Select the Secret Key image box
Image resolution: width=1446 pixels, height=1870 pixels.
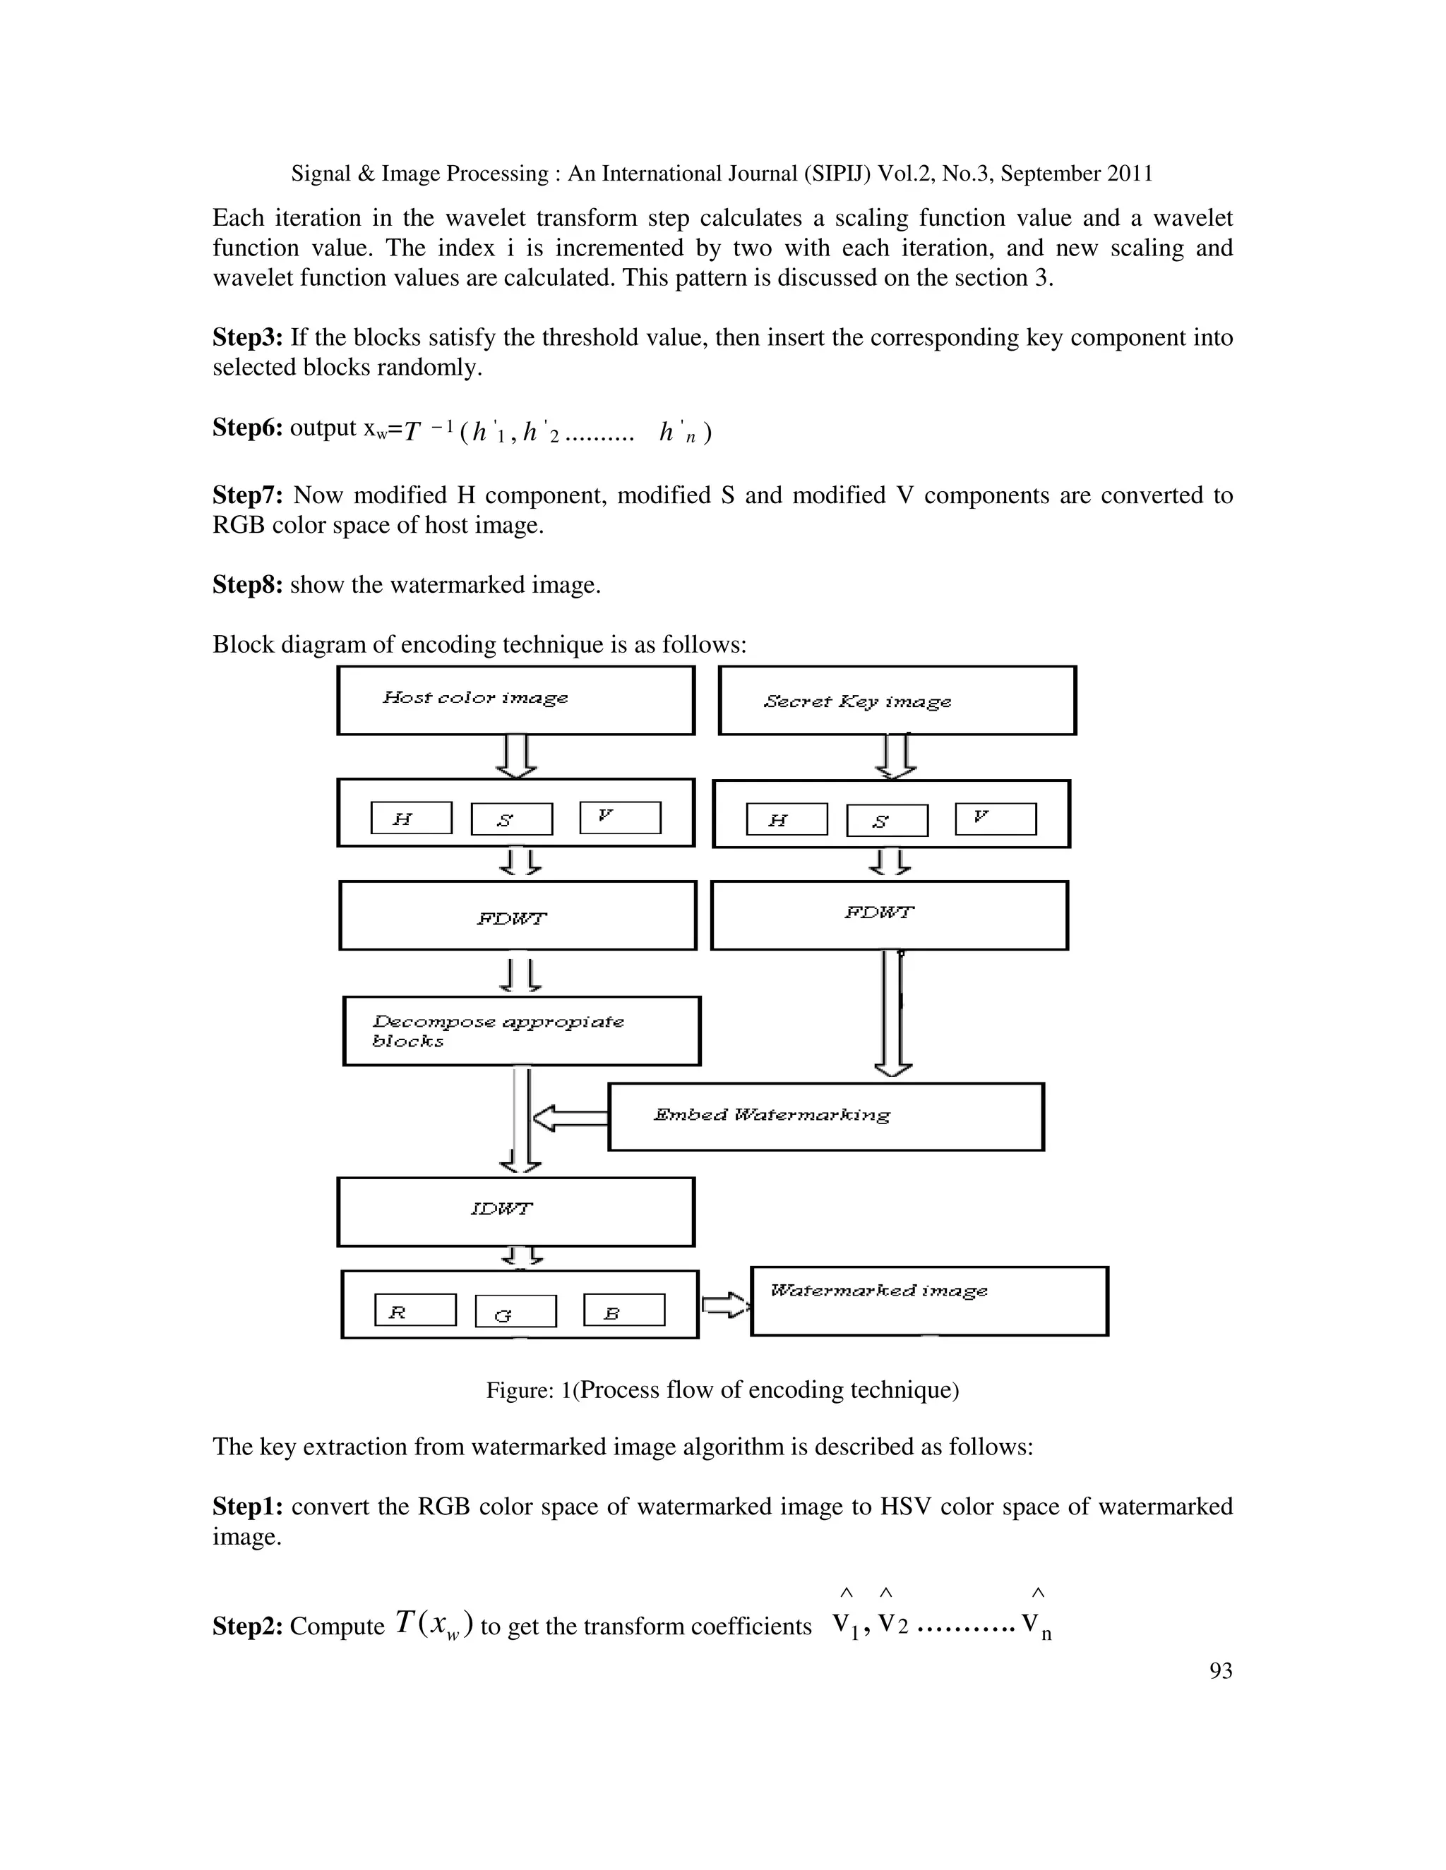tap(897, 701)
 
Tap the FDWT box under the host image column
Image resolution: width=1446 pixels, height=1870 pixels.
tap(518, 915)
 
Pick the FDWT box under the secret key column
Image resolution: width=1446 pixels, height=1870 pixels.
tap(889, 915)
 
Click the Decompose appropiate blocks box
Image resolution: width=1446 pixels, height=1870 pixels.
tap(522, 1031)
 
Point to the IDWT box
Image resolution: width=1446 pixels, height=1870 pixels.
tap(515, 1212)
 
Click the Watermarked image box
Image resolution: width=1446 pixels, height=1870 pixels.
tap(929, 1301)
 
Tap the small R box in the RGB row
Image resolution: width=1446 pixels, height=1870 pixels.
tap(415, 1309)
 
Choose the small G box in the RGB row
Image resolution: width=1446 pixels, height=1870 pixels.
tap(515, 1311)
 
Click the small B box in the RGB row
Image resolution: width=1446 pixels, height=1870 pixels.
tap(623, 1309)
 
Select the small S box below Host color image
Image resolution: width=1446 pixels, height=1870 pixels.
tap(511, 819)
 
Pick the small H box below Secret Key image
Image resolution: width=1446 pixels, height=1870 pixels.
tap(787, 819)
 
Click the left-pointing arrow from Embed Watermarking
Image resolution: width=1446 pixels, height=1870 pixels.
tap(570, 1117)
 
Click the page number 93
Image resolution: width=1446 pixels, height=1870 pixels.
tap(1221, 1670)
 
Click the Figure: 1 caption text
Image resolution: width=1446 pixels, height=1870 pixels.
tap(722, 1389)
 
